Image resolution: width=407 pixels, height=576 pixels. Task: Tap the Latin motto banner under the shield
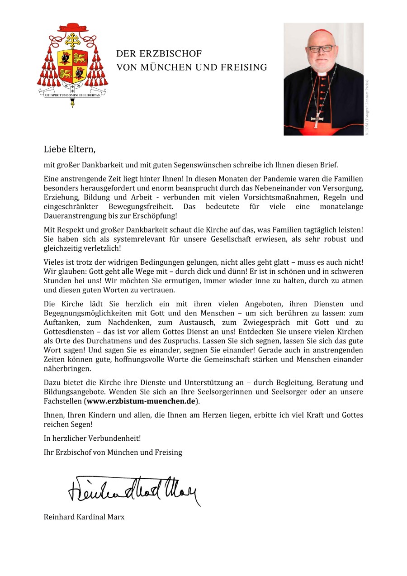click(72, 95)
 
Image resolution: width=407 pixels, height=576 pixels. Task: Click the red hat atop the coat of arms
click(72, 28)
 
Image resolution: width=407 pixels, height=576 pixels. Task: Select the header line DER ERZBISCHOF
click(159, 53)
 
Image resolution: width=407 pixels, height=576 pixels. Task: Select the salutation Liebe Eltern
click(70, 149)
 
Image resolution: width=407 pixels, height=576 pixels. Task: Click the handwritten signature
click(134, 490)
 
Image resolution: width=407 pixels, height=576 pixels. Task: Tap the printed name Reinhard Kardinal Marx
click(84, 516)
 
